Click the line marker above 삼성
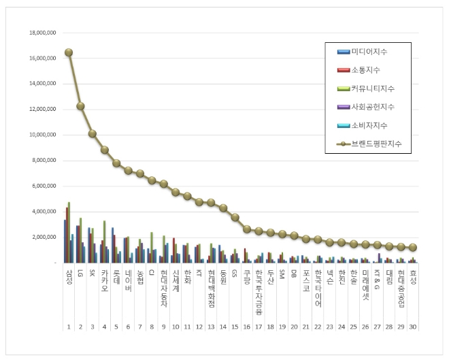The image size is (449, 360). (x=69, y=52)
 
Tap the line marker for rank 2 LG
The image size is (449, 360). (x=80, y=105)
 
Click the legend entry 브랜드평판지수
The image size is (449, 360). (x=373, y=144)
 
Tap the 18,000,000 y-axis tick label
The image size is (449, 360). (x=42, y=33)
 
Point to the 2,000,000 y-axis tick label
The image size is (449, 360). (x=44, y=237)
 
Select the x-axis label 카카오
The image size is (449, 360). (x=104, y=280)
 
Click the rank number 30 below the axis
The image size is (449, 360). (x=412, y=327)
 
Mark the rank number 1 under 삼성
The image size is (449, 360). (x=69, y=327)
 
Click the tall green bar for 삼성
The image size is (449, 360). (x=69, y=231)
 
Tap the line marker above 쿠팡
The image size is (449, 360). (x=246, y=229)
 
